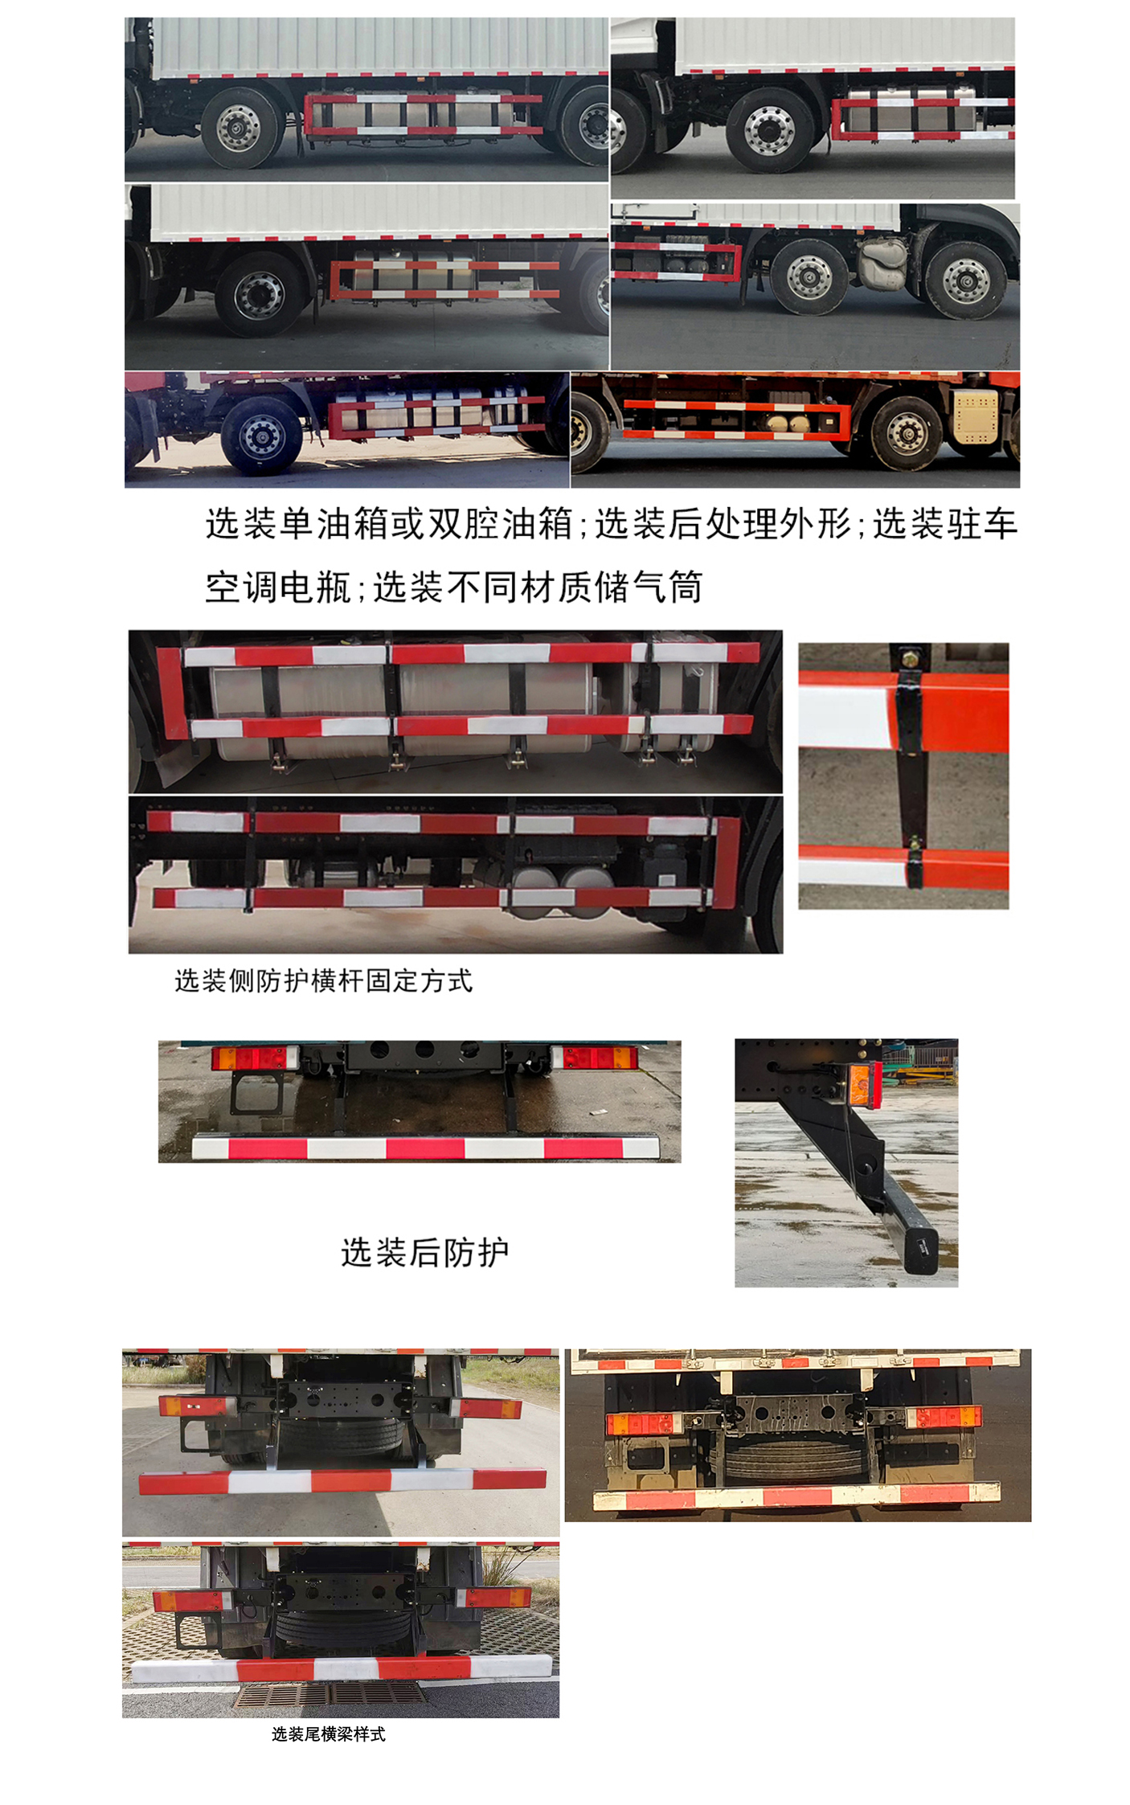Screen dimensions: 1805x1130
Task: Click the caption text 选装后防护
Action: [424, 1252]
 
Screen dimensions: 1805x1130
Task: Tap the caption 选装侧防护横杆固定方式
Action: [323, 980]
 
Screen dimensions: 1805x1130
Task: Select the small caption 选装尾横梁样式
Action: [328, 1734]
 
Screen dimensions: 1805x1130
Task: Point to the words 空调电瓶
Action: [278, 587]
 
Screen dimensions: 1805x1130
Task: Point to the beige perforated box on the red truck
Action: [976, 416]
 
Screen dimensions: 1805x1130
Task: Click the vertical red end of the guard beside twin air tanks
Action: [727, 863]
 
